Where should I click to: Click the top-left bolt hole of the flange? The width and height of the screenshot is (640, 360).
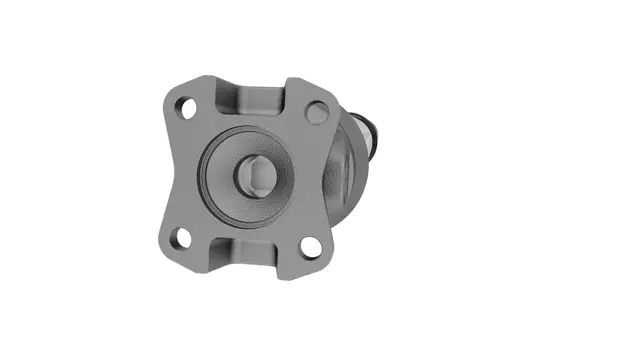click(x=184, y=105)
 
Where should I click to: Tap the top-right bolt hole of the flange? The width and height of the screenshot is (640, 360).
click(x=317, y=112)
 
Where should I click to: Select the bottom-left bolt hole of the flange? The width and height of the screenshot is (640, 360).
click(x=181, y=238)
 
